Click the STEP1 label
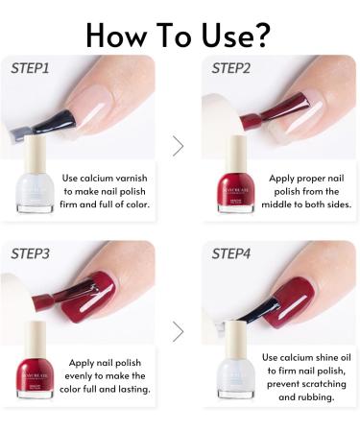(x=33, y=68)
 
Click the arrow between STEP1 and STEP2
(x=178, y=146)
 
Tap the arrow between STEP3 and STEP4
(x=178, y=331)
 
